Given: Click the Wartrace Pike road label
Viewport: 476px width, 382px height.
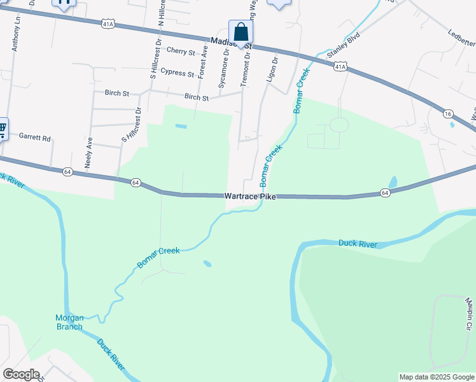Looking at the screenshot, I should click(x=250, y=197).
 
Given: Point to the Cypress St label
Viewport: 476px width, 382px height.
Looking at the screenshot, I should click(x=177, y=73).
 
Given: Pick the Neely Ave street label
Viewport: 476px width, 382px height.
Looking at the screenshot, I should click(x=89, y=152).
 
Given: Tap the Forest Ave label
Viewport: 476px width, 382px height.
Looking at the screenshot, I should click(x=204, y=61).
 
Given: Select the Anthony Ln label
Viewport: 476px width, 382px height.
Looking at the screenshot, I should click(x=16, y=35).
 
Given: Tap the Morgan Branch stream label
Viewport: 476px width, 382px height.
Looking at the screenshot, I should click(x=69, y=322).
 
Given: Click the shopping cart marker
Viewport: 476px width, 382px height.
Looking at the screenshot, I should click(x=2, y=129).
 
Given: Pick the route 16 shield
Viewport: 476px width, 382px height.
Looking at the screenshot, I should click(x=449, y=113).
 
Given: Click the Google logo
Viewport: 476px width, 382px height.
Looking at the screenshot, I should click(x=21, y=374).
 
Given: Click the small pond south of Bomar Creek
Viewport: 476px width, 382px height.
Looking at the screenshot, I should click(x=207, y=263).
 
